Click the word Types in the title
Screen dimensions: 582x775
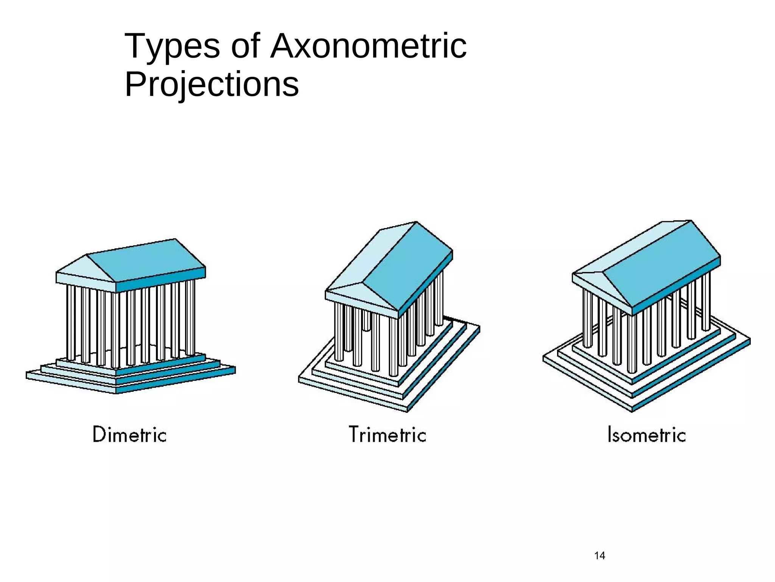pos(172,47)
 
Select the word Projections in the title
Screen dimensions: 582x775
pos(212,84)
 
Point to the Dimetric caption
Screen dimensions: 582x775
pos(129,434)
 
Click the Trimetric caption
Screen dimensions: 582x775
pos(387,434)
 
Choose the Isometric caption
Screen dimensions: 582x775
pos(646,434)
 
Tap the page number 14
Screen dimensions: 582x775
pos(599,556)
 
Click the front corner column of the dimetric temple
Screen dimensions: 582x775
pos(116,330)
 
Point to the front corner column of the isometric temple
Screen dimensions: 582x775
pos(632,343)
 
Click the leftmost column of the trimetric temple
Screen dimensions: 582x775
pos(339,332)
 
